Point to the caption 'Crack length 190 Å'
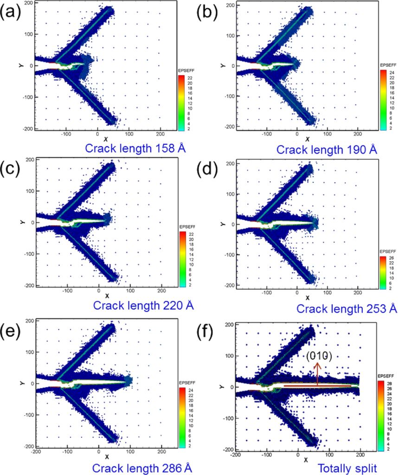pos(326,150)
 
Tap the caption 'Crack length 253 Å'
pos(347,308)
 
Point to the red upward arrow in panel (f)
pos(317,373)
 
